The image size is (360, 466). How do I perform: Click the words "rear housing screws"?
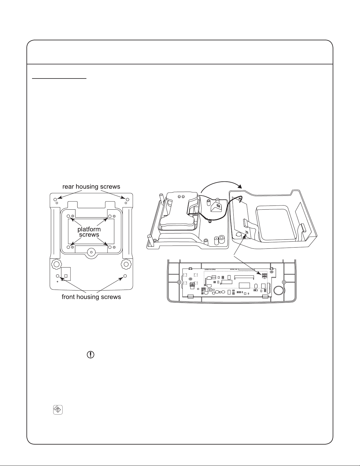[91, 187]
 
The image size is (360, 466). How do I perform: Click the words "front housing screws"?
[91, 297]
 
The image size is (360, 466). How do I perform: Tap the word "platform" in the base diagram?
[89, 229]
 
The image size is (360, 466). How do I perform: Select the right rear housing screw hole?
[127, 200]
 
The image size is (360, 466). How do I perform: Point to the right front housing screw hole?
[125, 276]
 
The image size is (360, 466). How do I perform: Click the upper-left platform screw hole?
[68, 216]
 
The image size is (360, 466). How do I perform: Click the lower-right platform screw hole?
[110, 247]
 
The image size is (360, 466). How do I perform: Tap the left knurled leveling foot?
[55, 264]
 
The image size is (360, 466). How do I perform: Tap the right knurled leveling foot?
[126, 264]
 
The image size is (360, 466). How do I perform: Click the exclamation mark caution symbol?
[91, 355]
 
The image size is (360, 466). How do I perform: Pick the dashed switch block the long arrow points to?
[264, 275]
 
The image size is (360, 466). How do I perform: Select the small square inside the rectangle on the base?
[66, 276]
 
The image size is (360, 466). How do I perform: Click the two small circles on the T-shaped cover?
[181, 196]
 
